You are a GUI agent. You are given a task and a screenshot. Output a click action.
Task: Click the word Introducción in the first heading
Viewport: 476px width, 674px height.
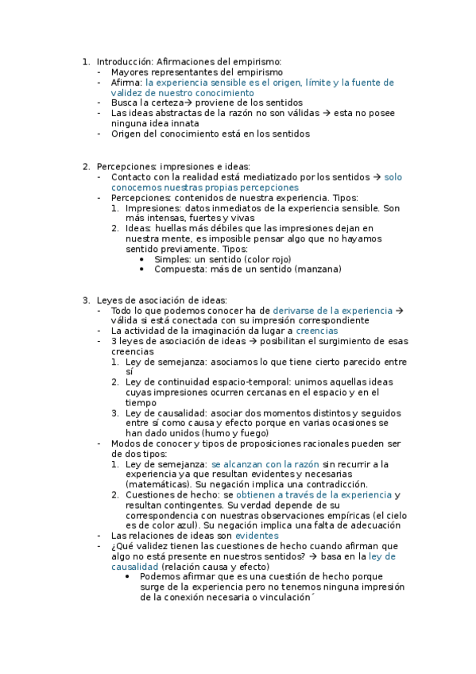(124, 62)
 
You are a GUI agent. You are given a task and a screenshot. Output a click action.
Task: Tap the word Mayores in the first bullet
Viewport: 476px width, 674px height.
(130, 72)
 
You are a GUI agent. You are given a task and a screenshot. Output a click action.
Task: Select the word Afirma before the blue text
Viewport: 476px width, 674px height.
(126, 83)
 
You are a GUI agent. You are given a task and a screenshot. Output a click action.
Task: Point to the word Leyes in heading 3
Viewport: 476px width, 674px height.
(110, 300)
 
